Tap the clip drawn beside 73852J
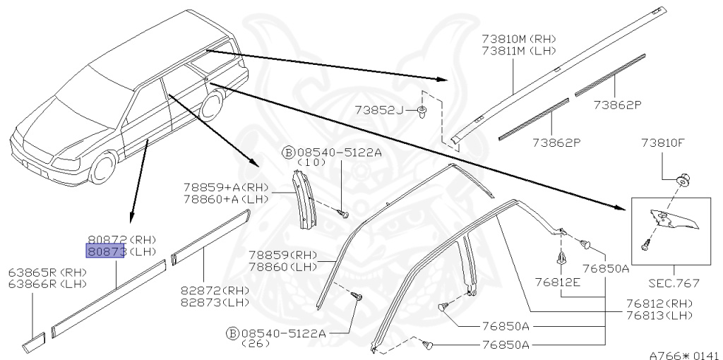(422, 112)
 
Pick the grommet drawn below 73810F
(682, 179)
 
